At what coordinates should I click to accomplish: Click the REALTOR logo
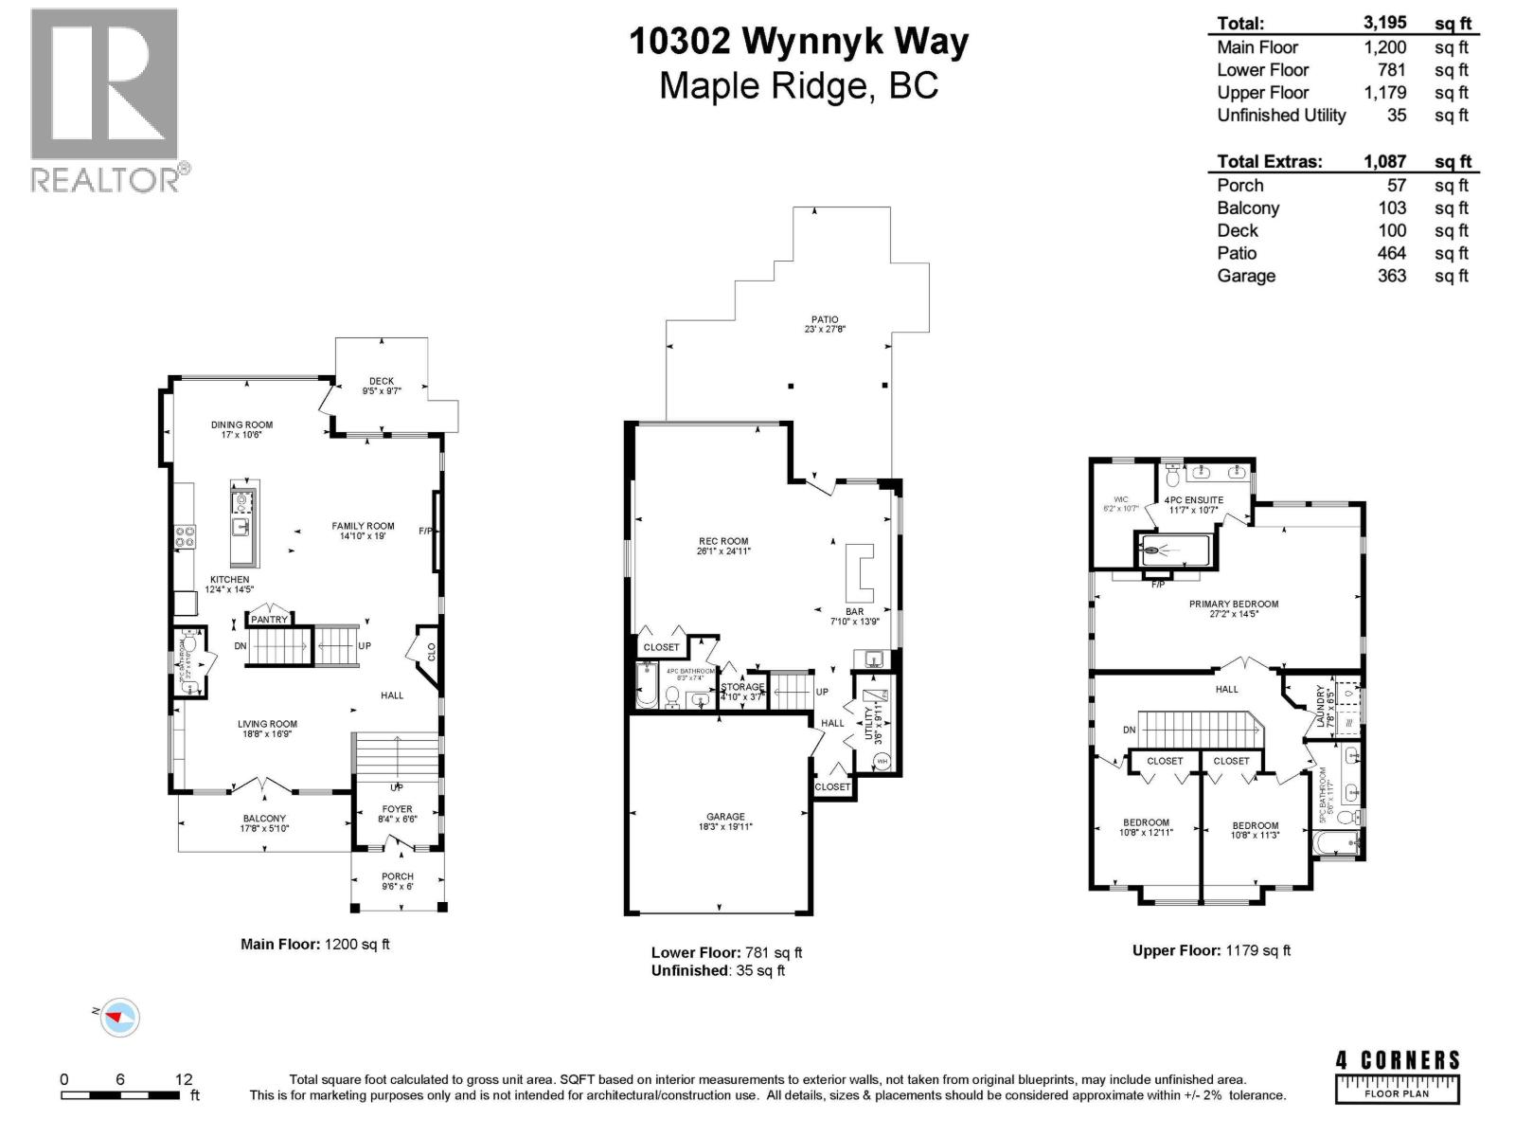coord(104,99)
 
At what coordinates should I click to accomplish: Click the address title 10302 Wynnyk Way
coord(800,42)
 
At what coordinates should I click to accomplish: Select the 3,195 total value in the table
coord(1385,24)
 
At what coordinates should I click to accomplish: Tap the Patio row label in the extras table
coord(1237,253)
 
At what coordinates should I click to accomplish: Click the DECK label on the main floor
coord(382,381)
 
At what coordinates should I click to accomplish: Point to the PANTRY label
coord(269,620)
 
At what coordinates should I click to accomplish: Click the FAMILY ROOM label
coord(363,526)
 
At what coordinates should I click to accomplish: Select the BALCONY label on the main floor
coord(264,819)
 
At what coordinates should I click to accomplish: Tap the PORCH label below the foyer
coord(398,876)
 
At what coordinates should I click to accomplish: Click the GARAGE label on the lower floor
coord(725,817)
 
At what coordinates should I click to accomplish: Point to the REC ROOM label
coord(722,542)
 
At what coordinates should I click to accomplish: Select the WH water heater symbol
coord(882,761)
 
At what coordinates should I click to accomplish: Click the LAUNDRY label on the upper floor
coord(1320,706)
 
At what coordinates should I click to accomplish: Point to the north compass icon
coord(119,1018)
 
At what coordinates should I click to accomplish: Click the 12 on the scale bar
coord(184,1079)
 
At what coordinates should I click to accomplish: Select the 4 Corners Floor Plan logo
coord(1398,1075)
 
